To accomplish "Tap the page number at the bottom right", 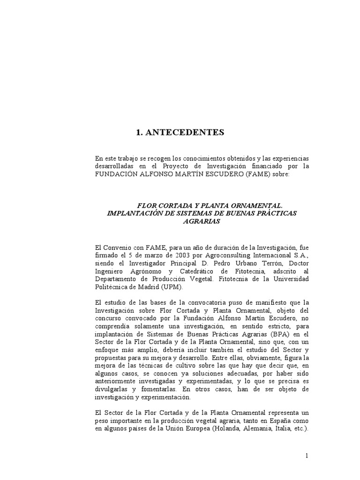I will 306,456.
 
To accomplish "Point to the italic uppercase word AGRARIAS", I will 202,221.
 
